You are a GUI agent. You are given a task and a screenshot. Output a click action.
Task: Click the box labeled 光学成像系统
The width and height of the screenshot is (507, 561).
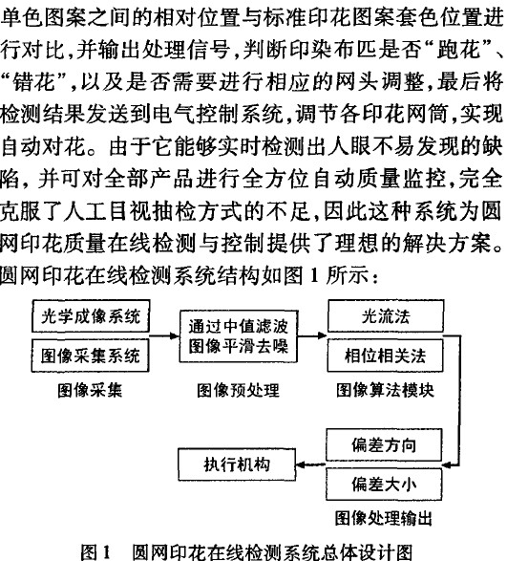point(91,316)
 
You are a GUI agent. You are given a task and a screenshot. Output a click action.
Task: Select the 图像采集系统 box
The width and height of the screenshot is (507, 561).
point(91,356)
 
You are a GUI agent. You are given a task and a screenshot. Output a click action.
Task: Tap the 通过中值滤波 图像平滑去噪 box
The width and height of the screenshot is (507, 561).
point(239,336)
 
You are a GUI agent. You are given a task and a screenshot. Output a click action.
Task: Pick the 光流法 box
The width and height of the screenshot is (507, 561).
point(386,316)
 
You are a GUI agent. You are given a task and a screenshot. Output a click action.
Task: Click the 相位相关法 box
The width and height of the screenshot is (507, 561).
point(386,356)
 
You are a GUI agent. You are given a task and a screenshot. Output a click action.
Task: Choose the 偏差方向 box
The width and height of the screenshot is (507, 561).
point(384,444)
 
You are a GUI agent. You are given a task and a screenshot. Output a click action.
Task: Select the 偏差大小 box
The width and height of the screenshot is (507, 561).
point(384,485)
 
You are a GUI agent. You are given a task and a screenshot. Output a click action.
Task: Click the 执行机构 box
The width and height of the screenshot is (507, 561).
point(237,464)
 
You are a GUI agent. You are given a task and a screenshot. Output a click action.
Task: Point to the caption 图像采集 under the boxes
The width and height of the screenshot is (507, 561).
point(90,390)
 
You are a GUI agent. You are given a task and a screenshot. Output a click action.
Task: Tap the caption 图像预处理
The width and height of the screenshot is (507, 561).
point(238,390)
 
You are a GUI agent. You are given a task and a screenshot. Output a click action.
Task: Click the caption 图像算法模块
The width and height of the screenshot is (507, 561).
point(385,390)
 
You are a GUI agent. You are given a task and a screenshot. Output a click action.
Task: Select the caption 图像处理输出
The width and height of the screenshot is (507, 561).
point(384,518)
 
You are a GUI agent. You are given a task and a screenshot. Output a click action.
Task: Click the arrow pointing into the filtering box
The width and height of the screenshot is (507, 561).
point(164,336)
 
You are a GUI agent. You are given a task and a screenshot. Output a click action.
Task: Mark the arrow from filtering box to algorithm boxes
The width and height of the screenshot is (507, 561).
point(313,336)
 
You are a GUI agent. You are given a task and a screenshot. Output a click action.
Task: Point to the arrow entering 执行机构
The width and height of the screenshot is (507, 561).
point(311,464)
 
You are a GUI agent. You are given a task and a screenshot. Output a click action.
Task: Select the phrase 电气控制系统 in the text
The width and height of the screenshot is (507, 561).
point(218,114)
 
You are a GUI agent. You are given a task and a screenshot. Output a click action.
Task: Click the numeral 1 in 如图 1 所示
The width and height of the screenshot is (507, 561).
point(314,275)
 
